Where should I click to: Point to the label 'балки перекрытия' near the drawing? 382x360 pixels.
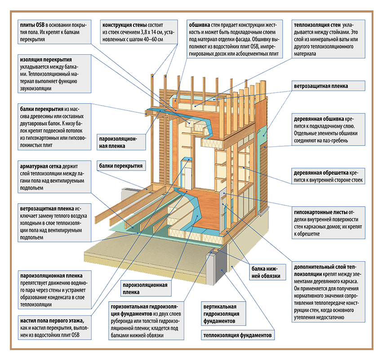pyautogui.click(x=121, y=166)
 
